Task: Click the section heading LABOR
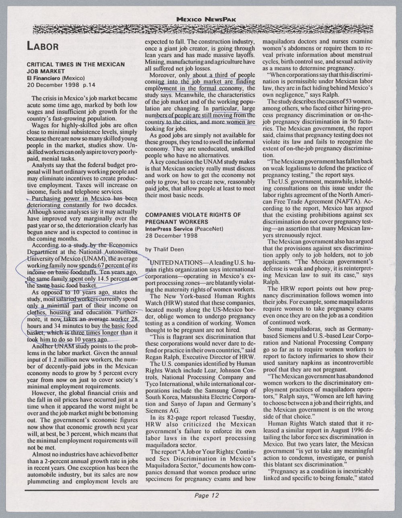tap(43, 45)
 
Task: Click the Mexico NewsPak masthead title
tap(206, 19)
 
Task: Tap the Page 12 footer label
tap(206, 495)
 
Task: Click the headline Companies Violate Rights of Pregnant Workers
tap(193, 218)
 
